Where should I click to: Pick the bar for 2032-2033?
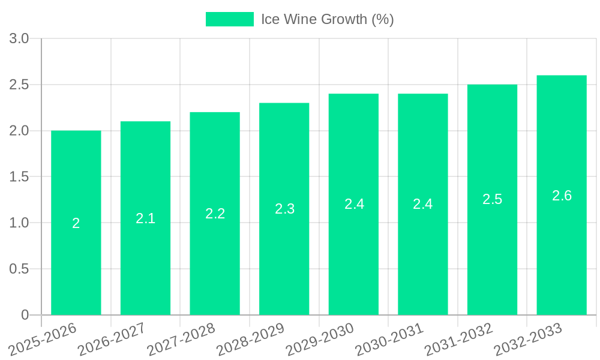tap(562, 252)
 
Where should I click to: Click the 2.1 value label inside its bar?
tap(145, 218)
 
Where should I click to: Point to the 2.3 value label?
tap(284, 209)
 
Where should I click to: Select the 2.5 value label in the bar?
tap(492, 199)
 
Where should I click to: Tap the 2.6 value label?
tap(562, 196)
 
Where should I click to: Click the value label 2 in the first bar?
tap(76, 223)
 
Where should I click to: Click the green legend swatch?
tap(230, 19)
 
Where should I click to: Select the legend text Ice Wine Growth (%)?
tap(327, 19)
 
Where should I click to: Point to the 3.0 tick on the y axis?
tap(19, 39)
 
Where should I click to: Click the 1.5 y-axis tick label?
tap(19, 177)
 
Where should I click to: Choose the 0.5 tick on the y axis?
tap(19, 269)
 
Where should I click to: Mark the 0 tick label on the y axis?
tap(25, 315)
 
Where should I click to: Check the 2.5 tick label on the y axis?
tap(19, 85)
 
